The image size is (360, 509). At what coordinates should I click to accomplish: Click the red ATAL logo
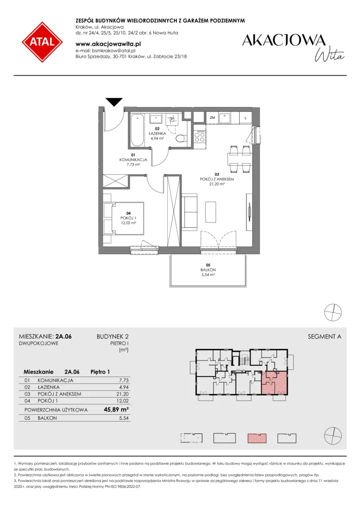coord(42,42)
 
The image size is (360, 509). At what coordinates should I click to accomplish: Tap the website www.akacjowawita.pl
coord(108,44)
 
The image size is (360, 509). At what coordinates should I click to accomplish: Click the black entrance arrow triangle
coord(114,102)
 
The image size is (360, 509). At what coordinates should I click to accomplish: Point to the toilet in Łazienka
coord(180,139)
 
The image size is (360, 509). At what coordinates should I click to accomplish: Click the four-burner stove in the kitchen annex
coord(199,136)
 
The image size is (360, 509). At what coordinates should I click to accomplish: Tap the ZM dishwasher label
coord(213,118)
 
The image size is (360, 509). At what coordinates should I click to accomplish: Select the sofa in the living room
coord(189,211)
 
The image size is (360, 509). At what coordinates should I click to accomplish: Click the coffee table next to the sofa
coord(211,212)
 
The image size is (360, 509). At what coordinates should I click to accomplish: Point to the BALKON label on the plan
coord(208,270)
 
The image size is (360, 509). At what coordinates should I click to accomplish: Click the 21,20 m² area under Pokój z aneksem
coord(217,184)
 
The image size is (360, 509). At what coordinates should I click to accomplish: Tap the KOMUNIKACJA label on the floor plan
coord(133,160)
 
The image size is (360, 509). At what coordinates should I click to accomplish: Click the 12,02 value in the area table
coord(123,401)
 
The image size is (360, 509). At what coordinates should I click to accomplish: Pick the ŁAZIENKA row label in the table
coord(49,387)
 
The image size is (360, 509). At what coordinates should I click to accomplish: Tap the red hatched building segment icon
coord(257,438)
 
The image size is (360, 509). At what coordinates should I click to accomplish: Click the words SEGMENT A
coord(324,337)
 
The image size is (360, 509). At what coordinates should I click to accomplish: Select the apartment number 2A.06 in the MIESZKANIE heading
coord(64,337)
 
